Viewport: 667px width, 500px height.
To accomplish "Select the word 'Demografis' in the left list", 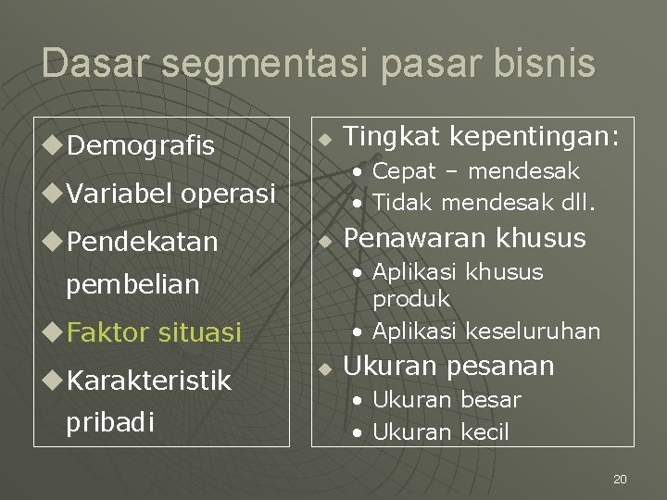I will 142,145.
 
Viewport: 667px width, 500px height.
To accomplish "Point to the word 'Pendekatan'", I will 143,242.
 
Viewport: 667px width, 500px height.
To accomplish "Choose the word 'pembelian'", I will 132,284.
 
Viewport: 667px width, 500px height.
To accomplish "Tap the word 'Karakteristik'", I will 149,380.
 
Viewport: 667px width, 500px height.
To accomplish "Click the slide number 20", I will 620,479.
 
